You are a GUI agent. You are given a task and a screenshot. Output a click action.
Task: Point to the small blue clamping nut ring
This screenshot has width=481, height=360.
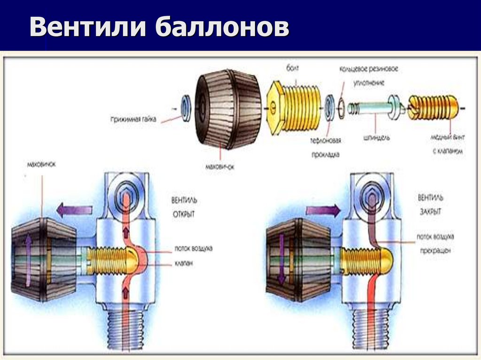[x=186, y=108]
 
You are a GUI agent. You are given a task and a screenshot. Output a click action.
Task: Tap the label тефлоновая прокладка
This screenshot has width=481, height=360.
[x=325, y=147]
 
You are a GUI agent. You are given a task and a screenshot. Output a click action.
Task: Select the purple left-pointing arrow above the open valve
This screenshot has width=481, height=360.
[x=74, y=210]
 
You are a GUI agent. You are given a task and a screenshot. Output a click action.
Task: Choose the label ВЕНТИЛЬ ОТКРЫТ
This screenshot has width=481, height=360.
[x=184, y=207]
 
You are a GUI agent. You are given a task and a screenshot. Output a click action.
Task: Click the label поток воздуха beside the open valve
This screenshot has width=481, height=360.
[x=193, y=248]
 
